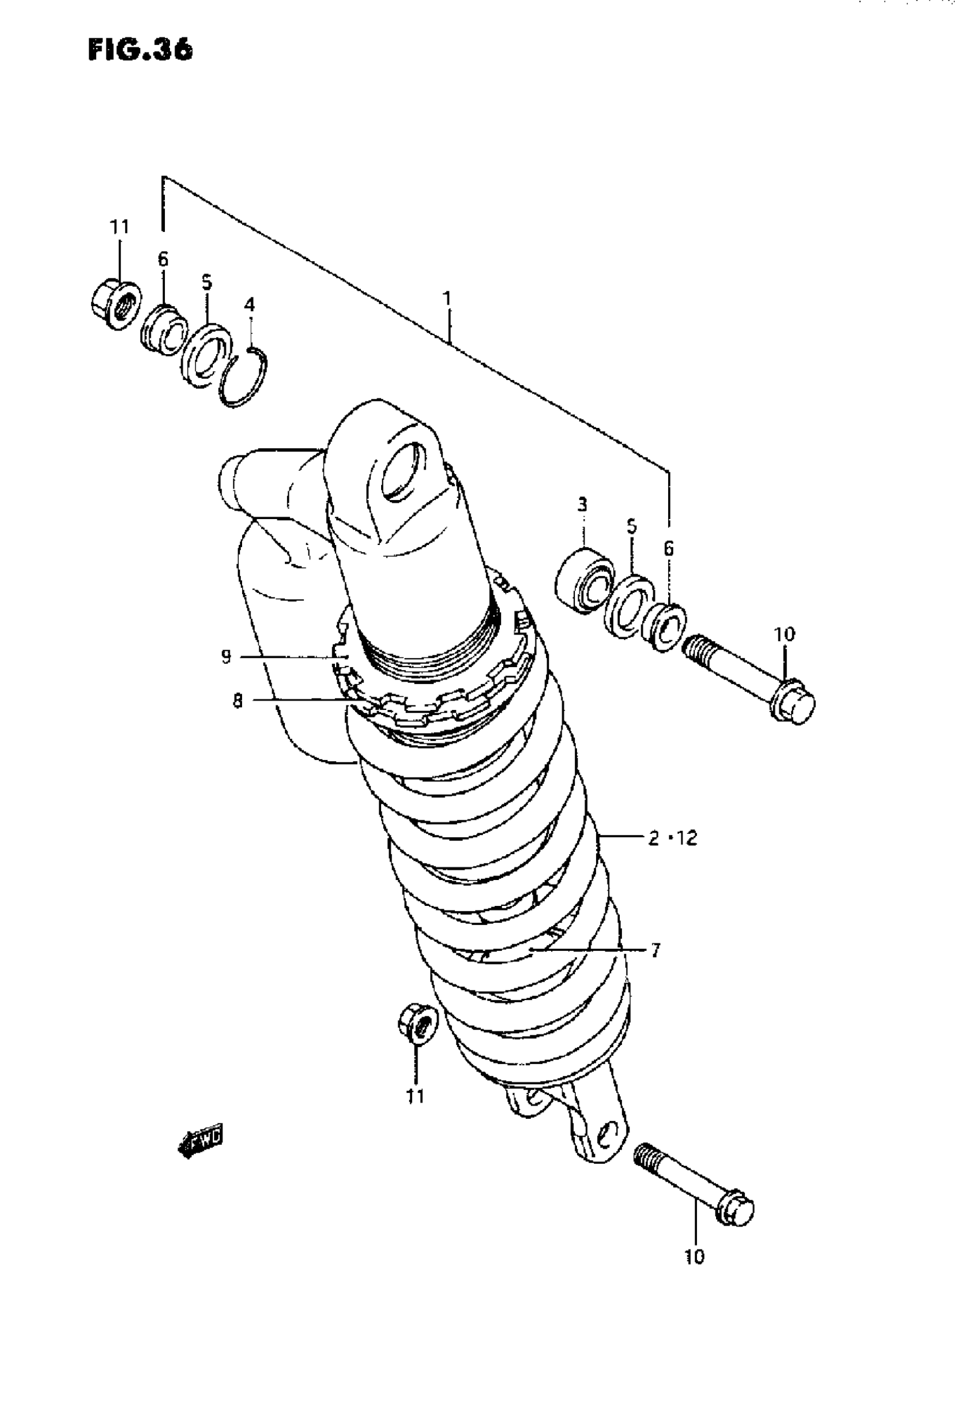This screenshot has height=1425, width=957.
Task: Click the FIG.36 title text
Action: (x=140, y=50)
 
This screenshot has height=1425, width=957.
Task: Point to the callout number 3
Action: (x=582, y=504)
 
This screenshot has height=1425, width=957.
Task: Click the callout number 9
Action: (x=226, y=656)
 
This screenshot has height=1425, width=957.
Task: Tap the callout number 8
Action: (x=238, y=701)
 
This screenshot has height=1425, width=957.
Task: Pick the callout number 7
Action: (x=655, y=950)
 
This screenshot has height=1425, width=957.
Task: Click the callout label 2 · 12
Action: (x=672, y=838)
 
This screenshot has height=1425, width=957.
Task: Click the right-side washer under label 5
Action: (x=629, y=606)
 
